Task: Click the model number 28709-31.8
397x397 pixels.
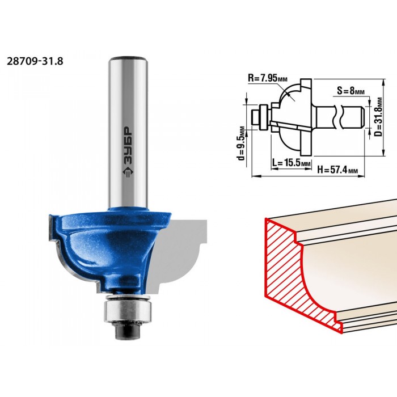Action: pos(35,61)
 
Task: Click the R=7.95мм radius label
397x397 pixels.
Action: pos(268,78)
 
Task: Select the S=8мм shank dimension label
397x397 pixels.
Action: pos(350,90)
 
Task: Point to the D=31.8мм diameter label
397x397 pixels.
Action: pos(378,117)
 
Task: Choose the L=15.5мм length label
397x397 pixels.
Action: pos(292,162)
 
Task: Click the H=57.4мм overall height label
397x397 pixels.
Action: pos(338,170)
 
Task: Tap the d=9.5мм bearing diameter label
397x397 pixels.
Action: pos(242,143)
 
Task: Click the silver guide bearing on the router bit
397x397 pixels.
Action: pos(128,309)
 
